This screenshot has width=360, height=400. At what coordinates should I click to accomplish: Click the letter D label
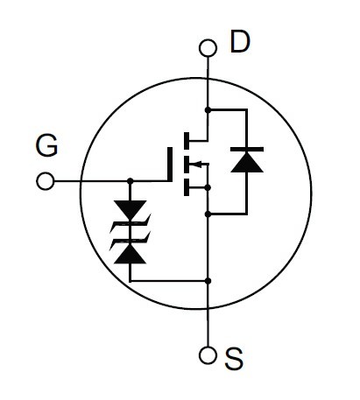[x=240, y=42]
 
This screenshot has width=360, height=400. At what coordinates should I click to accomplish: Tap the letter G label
[x=46, y=145]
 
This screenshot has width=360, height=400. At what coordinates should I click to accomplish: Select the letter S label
[x=234, y=359]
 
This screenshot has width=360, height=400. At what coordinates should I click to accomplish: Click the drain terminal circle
[x=208, y=48]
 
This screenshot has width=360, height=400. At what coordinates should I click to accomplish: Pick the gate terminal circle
[x=46, y=181]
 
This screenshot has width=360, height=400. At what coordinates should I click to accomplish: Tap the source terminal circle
[x=208, y=355]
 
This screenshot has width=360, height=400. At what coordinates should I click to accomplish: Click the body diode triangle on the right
[x=247, y=162]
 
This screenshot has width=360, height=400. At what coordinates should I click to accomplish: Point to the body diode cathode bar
[x=247, y=150]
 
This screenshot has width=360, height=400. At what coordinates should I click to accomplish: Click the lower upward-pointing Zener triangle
[x=131, y=254]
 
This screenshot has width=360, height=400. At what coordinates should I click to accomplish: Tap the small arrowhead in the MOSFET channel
[x=198, y=165]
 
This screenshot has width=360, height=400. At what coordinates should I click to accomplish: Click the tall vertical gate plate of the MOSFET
[x=170, y=165]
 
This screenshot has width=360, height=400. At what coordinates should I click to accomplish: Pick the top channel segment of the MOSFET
[x=187, y=140]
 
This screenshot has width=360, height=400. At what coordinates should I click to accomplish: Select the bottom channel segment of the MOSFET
[x=187, y=187]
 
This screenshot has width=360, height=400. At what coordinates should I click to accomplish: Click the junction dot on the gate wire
[x=131, y=181]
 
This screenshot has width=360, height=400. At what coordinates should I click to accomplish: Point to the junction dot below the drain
[x=208, y=110]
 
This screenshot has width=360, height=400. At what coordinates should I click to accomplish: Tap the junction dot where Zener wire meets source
[x=208, y=281]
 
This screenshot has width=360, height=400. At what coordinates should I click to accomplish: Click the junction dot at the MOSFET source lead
[x=208, y=187]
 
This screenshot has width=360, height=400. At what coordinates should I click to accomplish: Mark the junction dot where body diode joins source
[x=208, y=214]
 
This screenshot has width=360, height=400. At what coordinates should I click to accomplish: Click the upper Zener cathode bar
[x=131, y=223]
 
